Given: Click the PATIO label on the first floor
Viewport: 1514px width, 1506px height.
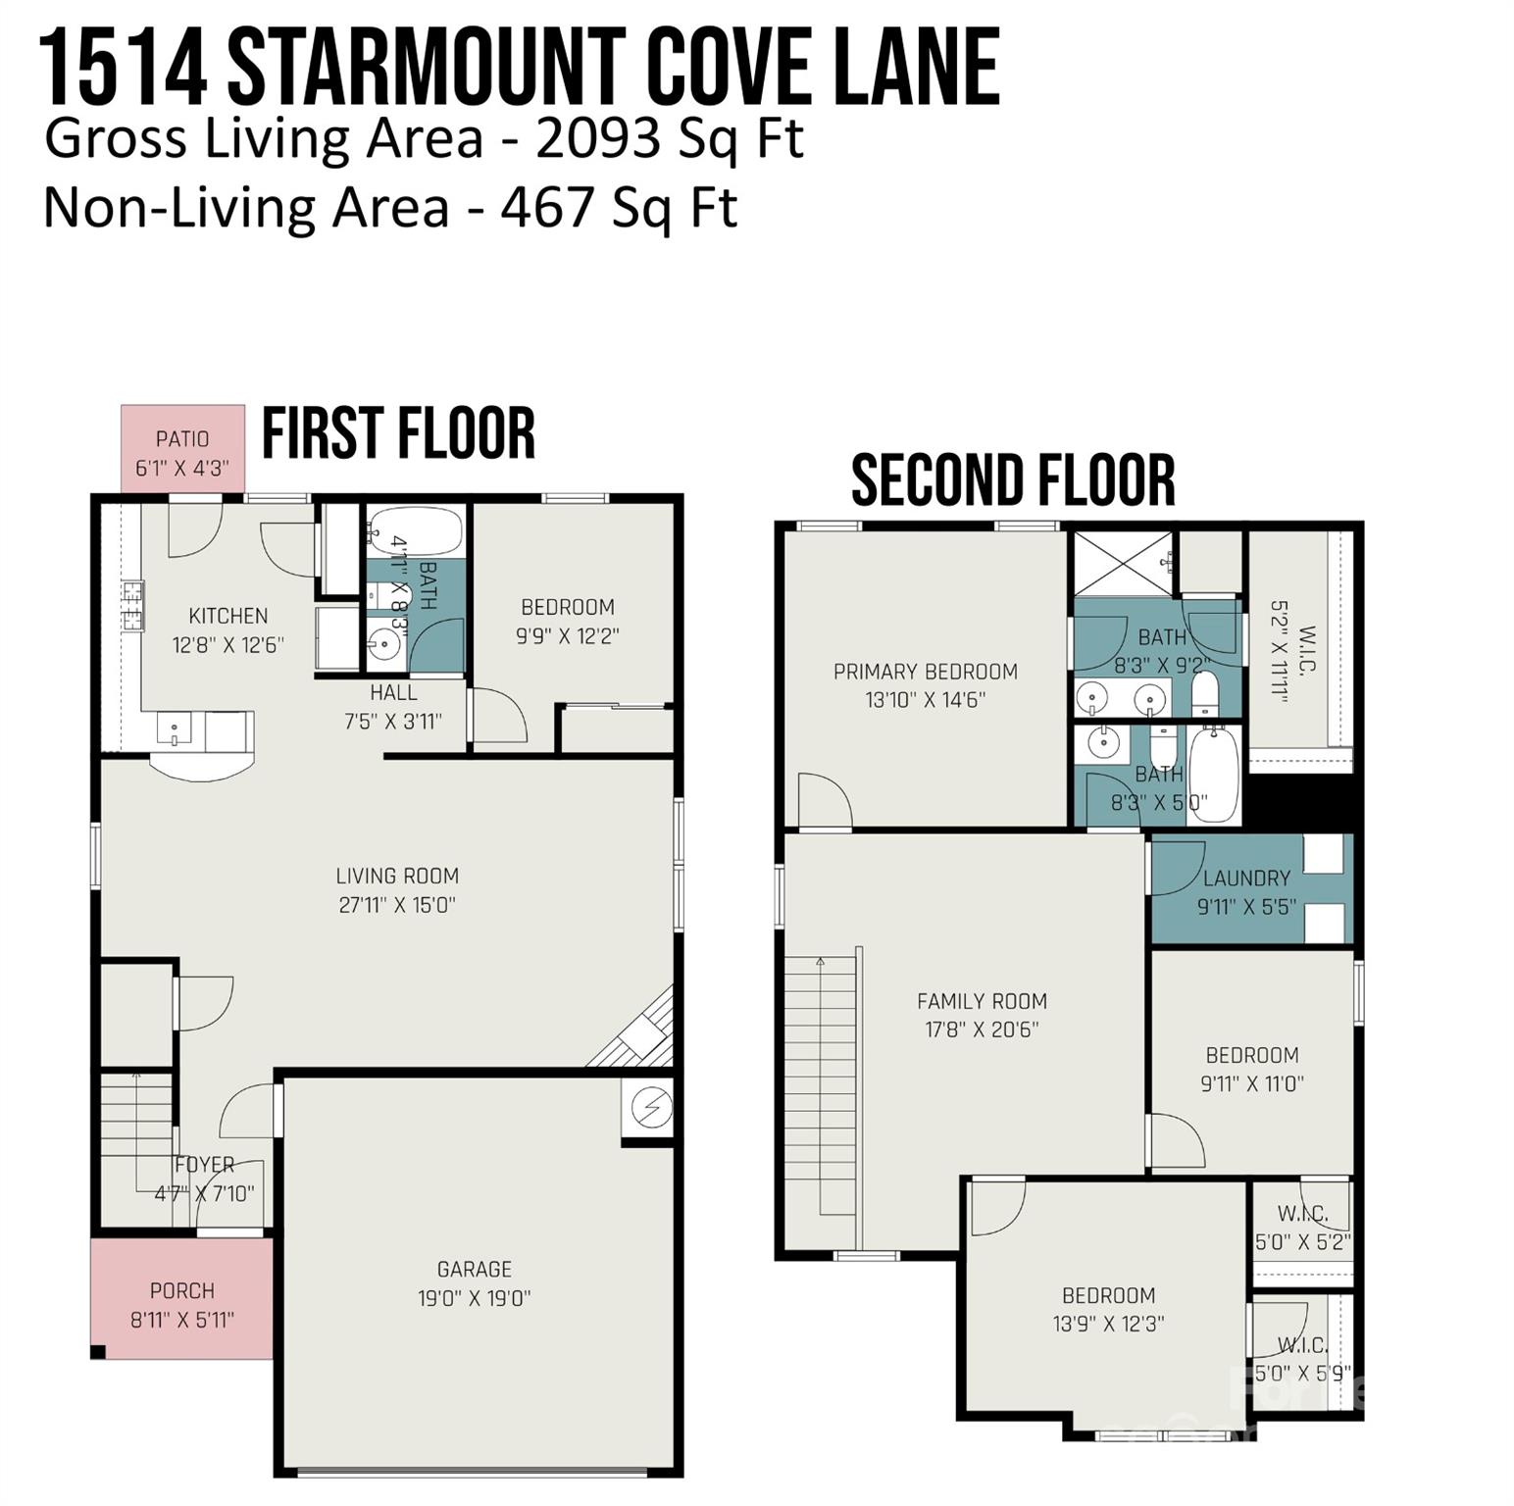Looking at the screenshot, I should (x=182, y=439).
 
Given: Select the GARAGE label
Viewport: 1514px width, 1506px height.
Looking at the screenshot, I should (x=475, y=1269).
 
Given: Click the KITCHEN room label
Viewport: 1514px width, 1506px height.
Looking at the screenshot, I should (x=228, y=616).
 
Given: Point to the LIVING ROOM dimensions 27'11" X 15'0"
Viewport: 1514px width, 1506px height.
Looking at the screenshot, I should (x=397, y=905).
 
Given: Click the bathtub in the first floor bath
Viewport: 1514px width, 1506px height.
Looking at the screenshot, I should (x=417, y=531).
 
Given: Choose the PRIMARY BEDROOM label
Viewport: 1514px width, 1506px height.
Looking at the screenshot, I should (x=925, y=672).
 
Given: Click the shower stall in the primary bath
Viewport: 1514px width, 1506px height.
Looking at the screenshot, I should (x=1123, y=563).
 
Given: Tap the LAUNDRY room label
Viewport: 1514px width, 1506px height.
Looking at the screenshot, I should (x=1246, y=878).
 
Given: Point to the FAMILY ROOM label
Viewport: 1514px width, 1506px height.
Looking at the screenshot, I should (x=982, y=1001).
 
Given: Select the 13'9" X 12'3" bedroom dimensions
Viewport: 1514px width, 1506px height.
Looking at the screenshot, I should (x=1108, y=1324).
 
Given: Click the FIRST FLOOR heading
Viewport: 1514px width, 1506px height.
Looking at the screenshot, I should (x=398, y=434).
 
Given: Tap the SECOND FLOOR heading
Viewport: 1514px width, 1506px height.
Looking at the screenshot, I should (x=1012, y=480).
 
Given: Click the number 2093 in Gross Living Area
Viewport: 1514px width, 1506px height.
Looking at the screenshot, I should (x=597, y=138).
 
